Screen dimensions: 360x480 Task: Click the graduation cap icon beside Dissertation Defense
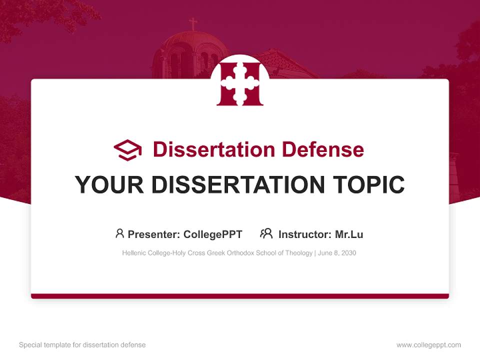[127, 150]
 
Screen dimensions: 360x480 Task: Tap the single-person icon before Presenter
[119, 233]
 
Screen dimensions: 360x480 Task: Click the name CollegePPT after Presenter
[213, 234]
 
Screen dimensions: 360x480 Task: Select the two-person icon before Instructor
[266, 233]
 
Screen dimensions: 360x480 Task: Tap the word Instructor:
[304, 234]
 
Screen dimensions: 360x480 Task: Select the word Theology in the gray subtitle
[298, 253]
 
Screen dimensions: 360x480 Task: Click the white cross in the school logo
[240, 83]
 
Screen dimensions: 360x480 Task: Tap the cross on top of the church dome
[192, 23]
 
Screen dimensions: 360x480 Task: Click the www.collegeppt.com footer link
[428, 345]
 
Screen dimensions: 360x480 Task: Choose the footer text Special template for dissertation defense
[82, 345]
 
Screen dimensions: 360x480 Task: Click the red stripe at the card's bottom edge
[240, 296]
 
